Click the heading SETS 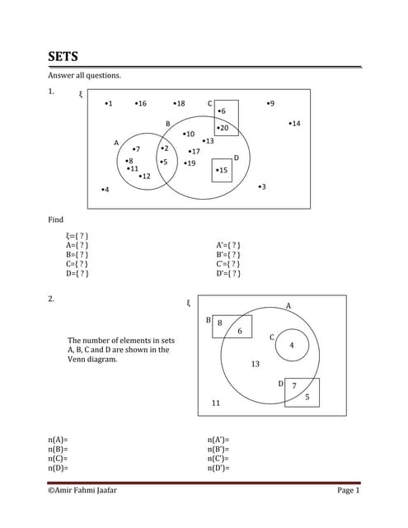click(x=63, y=57)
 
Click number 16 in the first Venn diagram click(x=141, y=104)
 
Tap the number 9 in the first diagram click(x=271, y=104)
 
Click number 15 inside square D click(x=222, y=170)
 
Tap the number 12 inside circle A click(x=145, y=177)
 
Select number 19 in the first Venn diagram click(x=190, y=163)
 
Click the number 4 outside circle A click(x=105, y=191)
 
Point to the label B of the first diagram click(x=168, y=124)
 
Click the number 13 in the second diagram click(x=255, y=364)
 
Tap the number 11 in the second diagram click(x=216, y=403)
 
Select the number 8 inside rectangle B click(x=219, y=323)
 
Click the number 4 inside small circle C click(x=291, y=346)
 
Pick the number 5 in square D click(x=307, y=397)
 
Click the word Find click(x=56, y=220)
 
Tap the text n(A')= click(x=218, y=441)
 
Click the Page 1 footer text click(x=348, y=491)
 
